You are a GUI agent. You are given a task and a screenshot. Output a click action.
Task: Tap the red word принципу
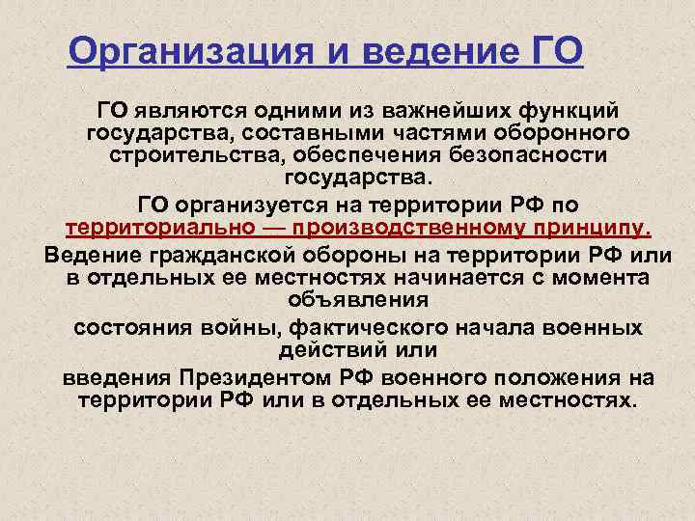(x=594, y=230)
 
